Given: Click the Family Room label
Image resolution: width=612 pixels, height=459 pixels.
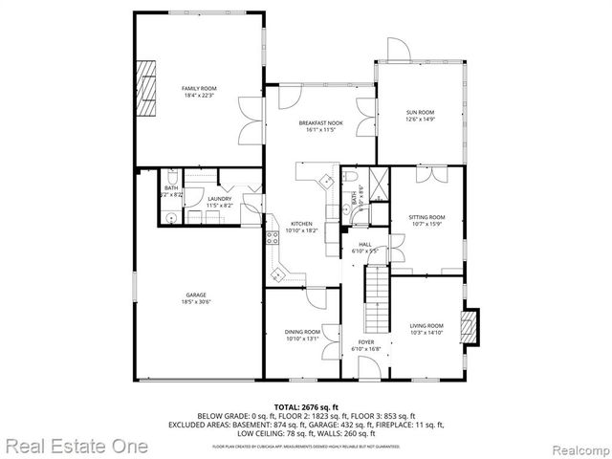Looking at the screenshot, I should tap(199, 88).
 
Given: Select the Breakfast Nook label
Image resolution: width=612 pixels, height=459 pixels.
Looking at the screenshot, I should tap(320, 123).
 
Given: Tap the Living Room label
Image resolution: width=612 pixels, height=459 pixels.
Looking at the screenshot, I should tap(426, 326).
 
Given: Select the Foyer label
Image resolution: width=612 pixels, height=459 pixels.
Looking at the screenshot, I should tap(366, 342).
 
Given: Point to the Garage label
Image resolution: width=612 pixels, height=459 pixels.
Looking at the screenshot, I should tap(196, 295).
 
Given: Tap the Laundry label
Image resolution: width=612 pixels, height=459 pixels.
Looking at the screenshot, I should tap(220, 199).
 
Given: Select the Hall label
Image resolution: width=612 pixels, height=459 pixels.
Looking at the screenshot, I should tap(364, 245).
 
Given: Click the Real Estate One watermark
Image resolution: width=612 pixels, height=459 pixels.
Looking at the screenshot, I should tap(76, 446).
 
